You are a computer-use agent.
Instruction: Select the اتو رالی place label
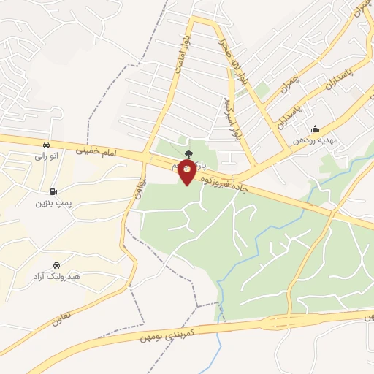click(x=45, y=155)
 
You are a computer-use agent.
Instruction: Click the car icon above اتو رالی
click(x=46, y=145)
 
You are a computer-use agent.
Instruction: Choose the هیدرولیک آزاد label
click(x=56, y=277)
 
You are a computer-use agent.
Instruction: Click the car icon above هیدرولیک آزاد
click(x=56, y=266)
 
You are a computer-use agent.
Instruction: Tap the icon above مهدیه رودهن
click(x=315, y=130)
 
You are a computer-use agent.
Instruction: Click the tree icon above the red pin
click(x=189, y=155)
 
